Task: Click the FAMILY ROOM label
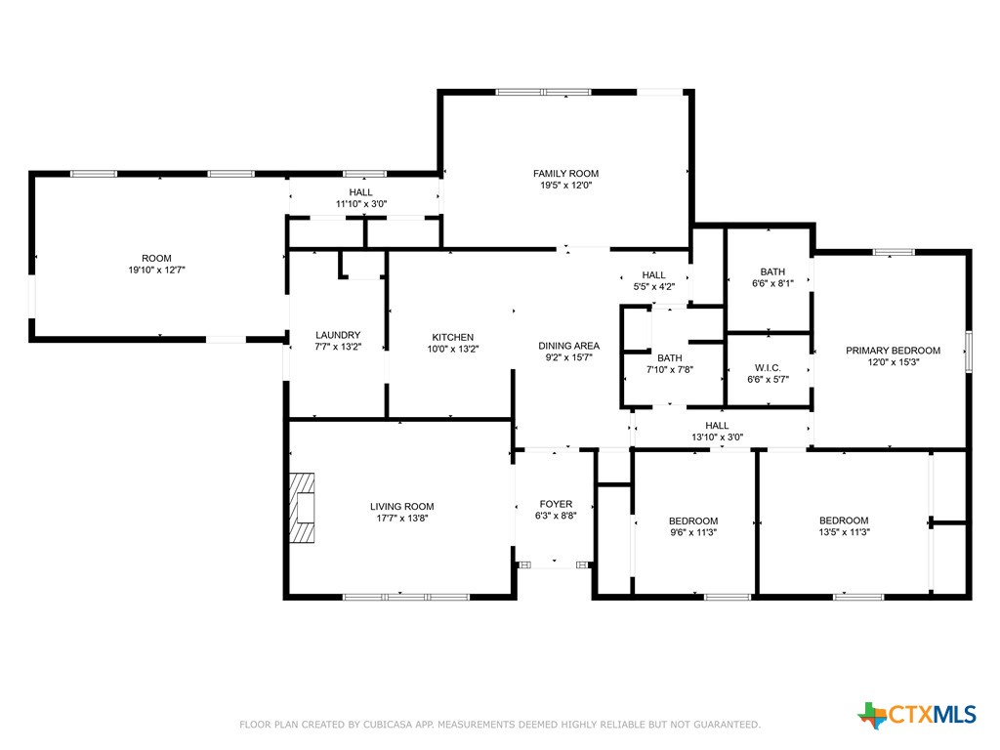pos(565,174)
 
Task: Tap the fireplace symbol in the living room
pos(303,507)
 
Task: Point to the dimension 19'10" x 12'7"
pos(156,271)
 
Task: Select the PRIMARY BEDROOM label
pos(893,351)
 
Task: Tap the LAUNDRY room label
pos(338,335)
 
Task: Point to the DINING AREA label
pos(568,346)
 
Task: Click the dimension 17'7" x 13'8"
pos(401,519)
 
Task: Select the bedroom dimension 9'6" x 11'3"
pos(693,532)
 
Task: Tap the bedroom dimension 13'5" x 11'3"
pos(844,532)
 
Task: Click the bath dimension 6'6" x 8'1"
pos(772,284)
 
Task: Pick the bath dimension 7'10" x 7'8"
pos(669,370)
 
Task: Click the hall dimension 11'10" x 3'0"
pos(361,204)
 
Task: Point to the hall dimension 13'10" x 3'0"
pos(717,437)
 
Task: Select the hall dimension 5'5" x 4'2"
pos(653,287)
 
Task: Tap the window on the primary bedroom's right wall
pos(969,352)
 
